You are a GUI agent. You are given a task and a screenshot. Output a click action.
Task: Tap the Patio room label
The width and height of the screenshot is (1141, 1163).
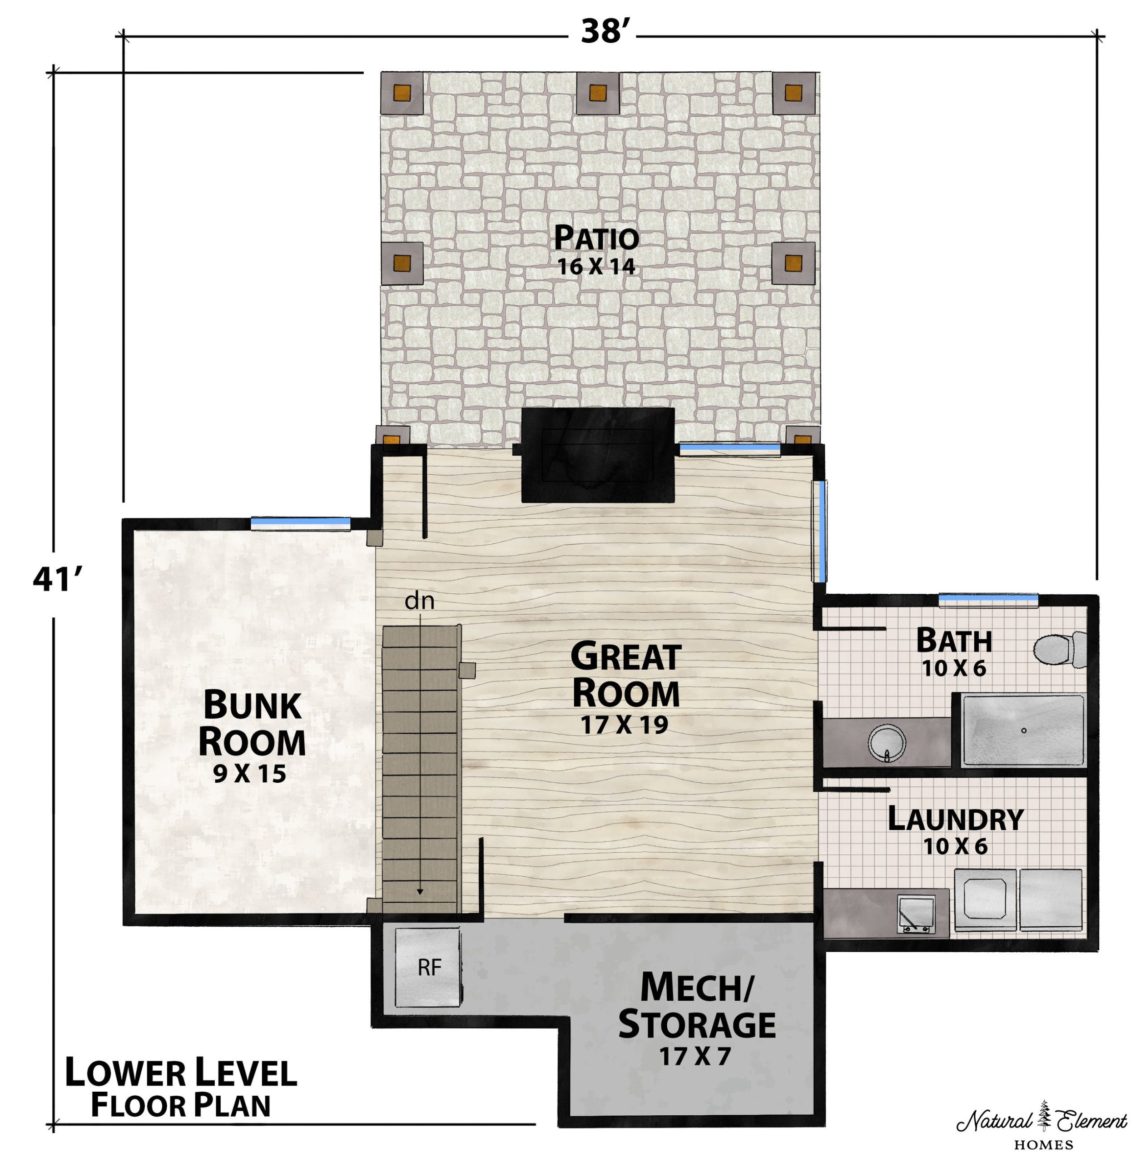coord(596,238)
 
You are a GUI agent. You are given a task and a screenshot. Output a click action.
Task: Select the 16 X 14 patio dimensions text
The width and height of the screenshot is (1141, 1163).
coord(596,267)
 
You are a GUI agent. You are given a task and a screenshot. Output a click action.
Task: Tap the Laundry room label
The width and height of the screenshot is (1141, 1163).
coord(955,819)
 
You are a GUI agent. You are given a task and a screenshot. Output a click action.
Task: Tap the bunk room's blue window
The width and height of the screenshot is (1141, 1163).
coord(300,523)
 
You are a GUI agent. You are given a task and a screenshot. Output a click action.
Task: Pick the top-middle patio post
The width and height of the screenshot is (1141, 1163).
coord(597,93)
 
